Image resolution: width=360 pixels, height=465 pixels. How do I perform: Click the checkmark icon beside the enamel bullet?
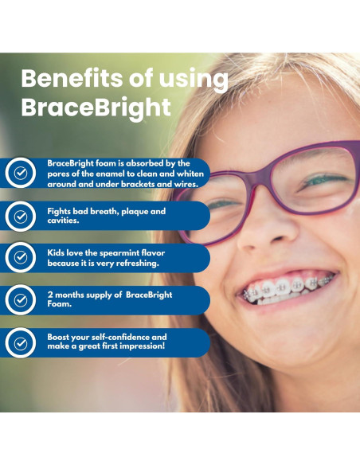(x=20, y=173)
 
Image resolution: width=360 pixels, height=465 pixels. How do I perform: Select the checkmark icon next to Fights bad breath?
(x=20, y=216)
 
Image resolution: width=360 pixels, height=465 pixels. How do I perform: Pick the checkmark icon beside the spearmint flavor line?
(x=20, y=258)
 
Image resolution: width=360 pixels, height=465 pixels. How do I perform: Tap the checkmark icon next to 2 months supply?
(x=20, y=300)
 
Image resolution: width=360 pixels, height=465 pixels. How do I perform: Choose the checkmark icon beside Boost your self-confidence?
(x=20, y=342)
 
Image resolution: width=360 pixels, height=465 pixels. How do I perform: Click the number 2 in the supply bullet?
(x=50, y=295)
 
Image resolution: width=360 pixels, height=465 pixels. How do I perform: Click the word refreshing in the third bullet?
(x=136, y=264)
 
